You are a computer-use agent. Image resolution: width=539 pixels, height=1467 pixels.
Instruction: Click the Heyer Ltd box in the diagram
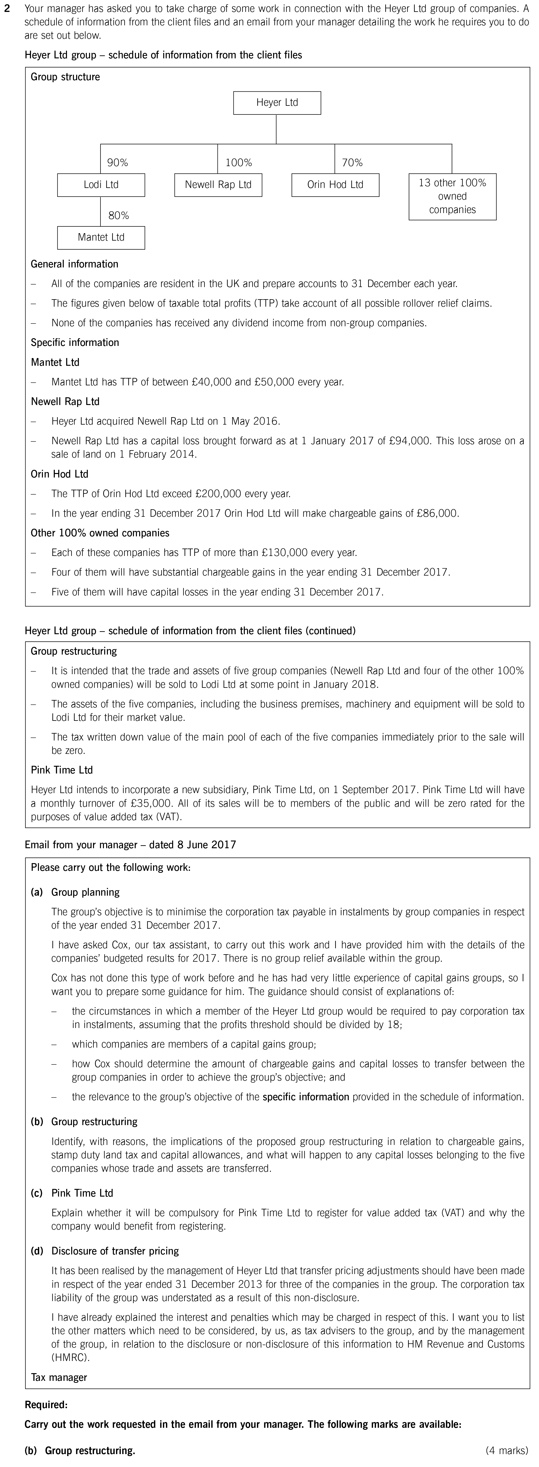[x=277, y=103]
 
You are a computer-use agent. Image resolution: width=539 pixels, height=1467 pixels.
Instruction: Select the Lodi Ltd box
[x=101, y=184]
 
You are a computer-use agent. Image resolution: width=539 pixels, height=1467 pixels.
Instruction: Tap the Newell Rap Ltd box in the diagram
[x=218, y=184]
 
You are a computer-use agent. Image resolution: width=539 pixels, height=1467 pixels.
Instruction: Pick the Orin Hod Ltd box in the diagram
[x=335, y=184]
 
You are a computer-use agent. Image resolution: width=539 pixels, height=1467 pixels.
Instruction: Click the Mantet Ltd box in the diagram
[x=101, y=237]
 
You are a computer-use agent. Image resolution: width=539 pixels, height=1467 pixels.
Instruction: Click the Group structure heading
[x=65, y=77]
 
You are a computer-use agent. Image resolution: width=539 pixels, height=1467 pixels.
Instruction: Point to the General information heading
[x=75, y=264]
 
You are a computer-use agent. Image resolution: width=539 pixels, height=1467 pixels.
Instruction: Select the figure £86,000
[x=437, y=513]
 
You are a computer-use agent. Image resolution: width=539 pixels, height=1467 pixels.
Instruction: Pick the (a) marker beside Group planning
[x=36, y=892]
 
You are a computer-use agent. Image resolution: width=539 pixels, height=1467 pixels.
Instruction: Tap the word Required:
[x=46, y=1405]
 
